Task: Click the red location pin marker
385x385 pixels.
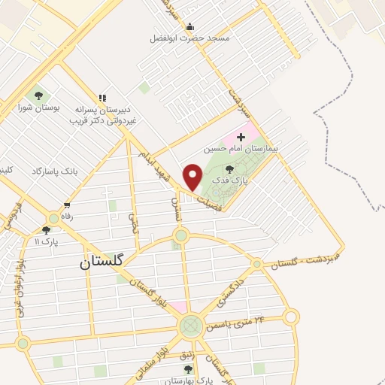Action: [193, 177]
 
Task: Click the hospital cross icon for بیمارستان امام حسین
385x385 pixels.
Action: [241, 137]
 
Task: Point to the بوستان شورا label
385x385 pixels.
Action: [35, 108]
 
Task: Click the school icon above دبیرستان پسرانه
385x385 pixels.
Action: [103, 97]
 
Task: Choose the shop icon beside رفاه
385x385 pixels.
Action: [67, 205]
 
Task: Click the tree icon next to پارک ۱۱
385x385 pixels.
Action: [46, 230]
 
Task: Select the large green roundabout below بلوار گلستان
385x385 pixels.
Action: [191, 326]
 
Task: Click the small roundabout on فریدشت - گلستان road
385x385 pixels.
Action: [257, 264]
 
